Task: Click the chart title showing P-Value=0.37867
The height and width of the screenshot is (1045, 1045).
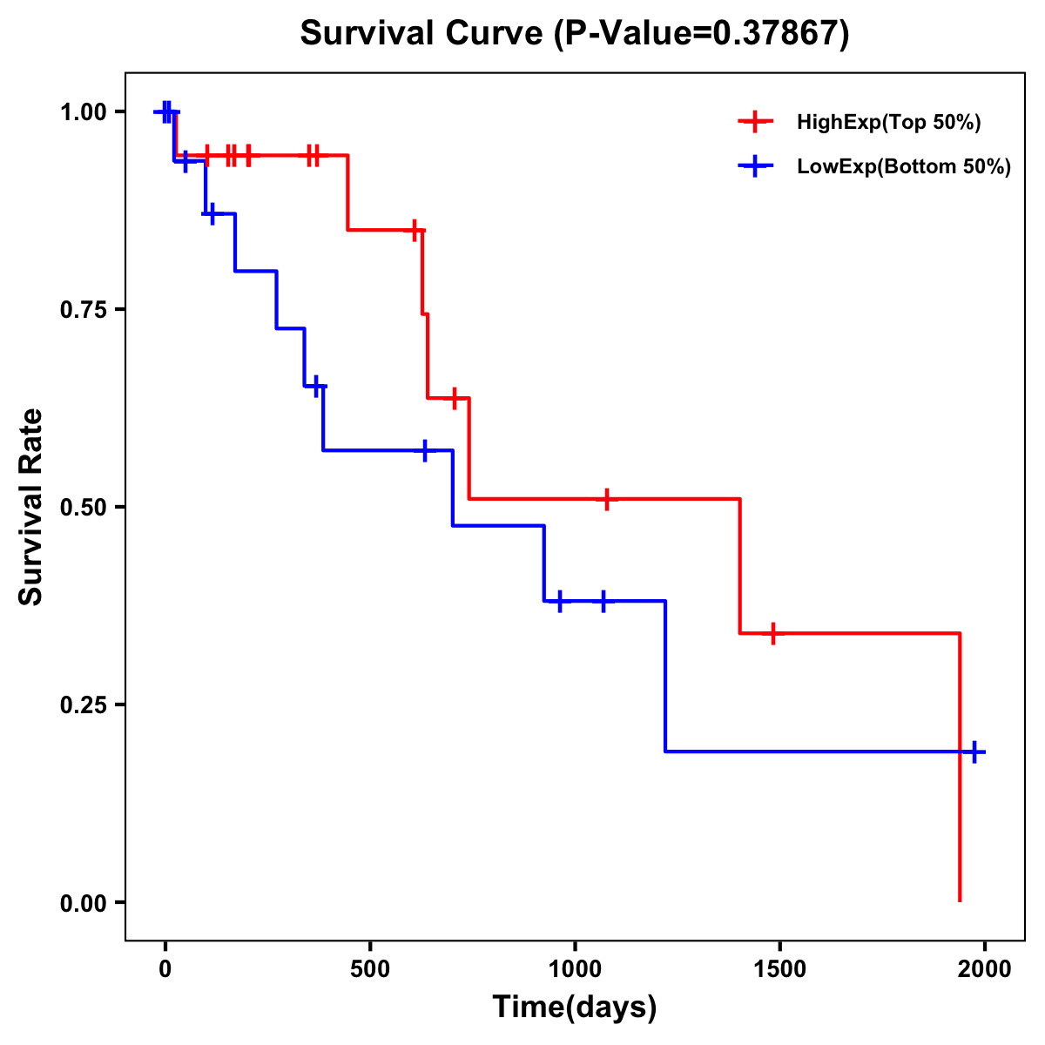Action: (x=574, y=34)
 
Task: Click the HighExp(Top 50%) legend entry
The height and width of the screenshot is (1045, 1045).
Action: (x=888, y=122)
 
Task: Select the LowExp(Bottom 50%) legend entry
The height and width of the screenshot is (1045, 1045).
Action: (x=903, y=166)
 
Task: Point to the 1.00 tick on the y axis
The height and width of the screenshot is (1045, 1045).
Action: (x=83, y=112)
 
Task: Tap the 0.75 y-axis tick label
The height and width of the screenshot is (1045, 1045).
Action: (x=83, y=310)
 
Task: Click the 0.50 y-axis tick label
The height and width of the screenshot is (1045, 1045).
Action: (x=83, y=508)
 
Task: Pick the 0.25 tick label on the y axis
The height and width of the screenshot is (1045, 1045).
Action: (x=83, y=705)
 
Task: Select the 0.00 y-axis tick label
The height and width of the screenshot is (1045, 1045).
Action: (x=83, y=902)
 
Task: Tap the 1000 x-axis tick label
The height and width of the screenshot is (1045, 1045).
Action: (x=575, y=969)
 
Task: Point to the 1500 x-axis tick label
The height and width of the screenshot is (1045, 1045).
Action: (x=779, y=969)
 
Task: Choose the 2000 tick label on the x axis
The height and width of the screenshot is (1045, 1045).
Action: (x=984, y=969)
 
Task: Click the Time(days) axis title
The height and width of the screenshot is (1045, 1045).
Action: (x=574, y=1008)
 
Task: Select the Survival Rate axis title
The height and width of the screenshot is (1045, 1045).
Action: (x=31, y=507)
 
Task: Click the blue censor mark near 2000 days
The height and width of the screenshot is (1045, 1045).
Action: (x=974, y=752)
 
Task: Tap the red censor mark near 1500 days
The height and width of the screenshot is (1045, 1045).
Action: (x=772, y=633)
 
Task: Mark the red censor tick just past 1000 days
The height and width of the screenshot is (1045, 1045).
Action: (x=607, y=499)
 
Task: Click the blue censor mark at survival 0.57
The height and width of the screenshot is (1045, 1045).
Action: (x=425, y=450)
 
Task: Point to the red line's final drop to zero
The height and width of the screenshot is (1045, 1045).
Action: (x=960, y=784)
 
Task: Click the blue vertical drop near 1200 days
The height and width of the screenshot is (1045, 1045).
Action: (x=665, y=676)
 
